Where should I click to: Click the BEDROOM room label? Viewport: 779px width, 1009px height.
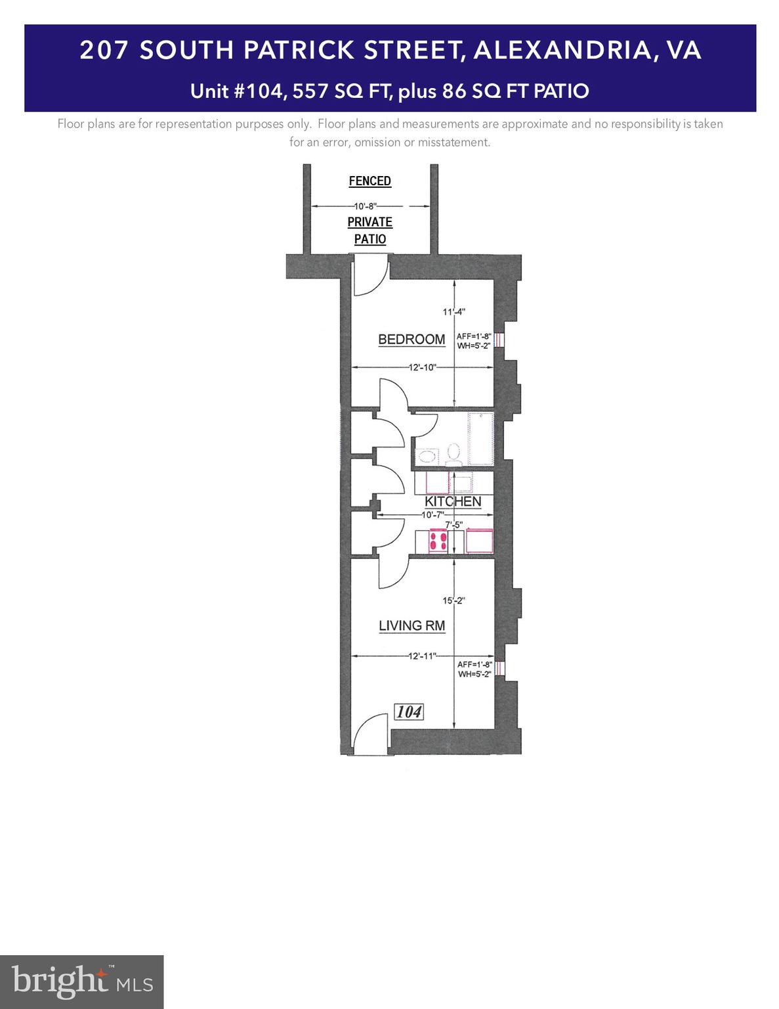pos(411,340)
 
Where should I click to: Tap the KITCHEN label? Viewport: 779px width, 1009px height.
pos(453,501)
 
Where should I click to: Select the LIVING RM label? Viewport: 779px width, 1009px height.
pos(411,625)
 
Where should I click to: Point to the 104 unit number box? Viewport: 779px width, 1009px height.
pos(409,711)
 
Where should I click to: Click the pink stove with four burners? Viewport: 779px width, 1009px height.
pos(438,541)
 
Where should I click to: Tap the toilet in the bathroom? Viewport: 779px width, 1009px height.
pos(453,452)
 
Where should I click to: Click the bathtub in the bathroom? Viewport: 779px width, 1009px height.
pos(480,439)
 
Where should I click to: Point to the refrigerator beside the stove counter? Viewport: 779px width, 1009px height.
pos(479,541)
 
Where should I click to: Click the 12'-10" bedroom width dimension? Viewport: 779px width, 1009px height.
pos(422,368)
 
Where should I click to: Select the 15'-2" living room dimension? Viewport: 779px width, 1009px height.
pos(453,600)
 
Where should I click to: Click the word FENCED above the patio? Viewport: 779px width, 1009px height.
pos(369,181)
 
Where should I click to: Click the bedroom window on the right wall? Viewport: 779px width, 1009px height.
pos(499,340)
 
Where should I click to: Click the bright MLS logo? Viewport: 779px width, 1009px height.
pos(82,981)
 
